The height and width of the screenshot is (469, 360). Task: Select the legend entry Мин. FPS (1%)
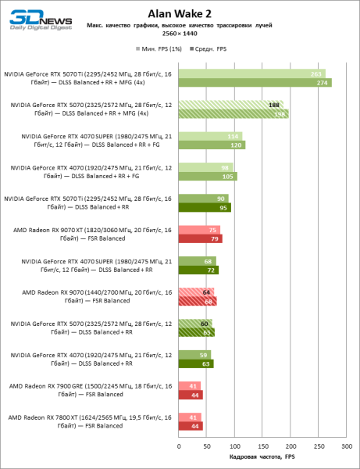click(x=160, y=48)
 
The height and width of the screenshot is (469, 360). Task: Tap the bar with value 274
click(x=255, y=82)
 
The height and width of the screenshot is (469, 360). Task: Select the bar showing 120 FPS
click(x=212, y=145)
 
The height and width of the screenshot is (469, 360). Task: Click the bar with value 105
click(x=208, y=176)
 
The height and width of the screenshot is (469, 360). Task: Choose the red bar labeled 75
click(x=199, y=230)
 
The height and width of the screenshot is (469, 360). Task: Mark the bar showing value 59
click(x=194, y=355)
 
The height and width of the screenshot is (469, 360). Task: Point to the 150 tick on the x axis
click(x=262, y=446)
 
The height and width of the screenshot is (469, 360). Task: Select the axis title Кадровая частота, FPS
click(x=262, y=457)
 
